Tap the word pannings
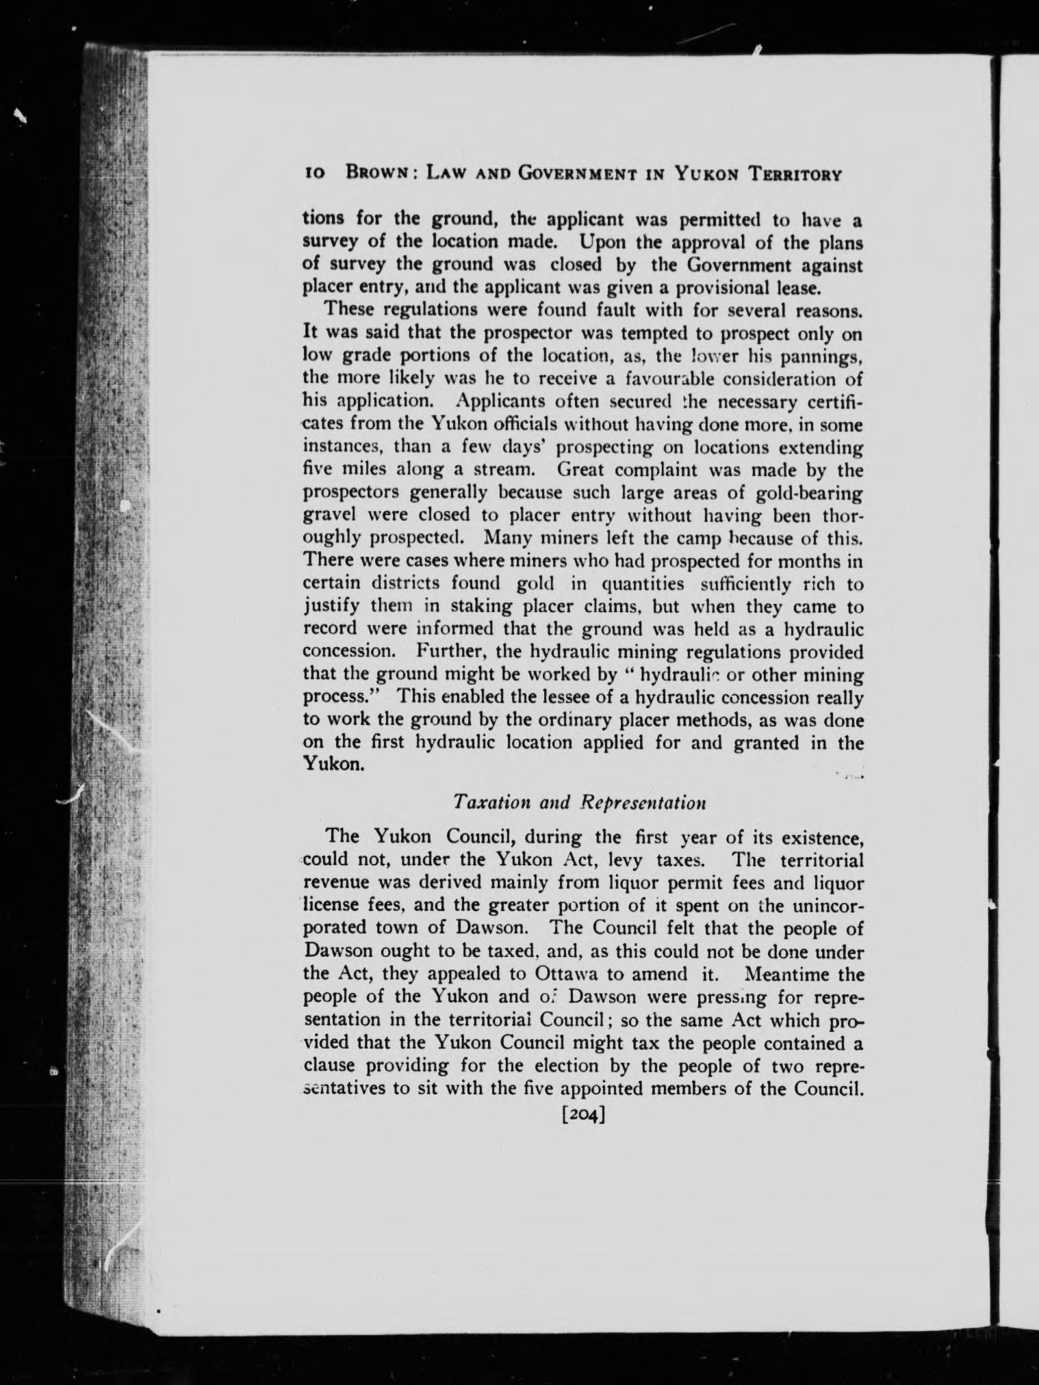pyautogui.click(x=821, y=356)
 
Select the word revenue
pyautogui.click(x=335, y=883)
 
